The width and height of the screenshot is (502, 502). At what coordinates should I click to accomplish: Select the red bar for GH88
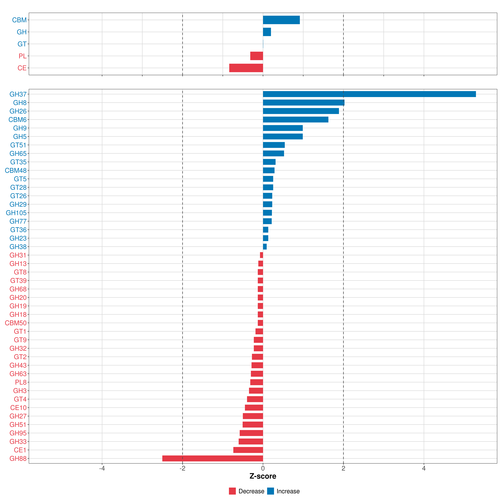(213, 458)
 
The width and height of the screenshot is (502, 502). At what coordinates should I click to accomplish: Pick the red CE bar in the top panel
(246, 68)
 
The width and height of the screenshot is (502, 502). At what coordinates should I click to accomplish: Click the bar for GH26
(301, 111)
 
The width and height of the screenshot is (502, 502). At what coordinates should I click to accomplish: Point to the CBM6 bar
(296, 120)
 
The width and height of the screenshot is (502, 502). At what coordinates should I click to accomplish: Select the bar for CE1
(248, 450)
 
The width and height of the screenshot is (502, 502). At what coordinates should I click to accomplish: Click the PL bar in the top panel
(256, 56)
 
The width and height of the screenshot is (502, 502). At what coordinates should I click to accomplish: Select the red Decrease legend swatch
(232, 491)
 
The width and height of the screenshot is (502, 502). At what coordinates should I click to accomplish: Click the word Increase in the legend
(288, 491)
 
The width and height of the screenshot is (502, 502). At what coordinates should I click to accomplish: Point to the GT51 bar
(274, 145)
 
